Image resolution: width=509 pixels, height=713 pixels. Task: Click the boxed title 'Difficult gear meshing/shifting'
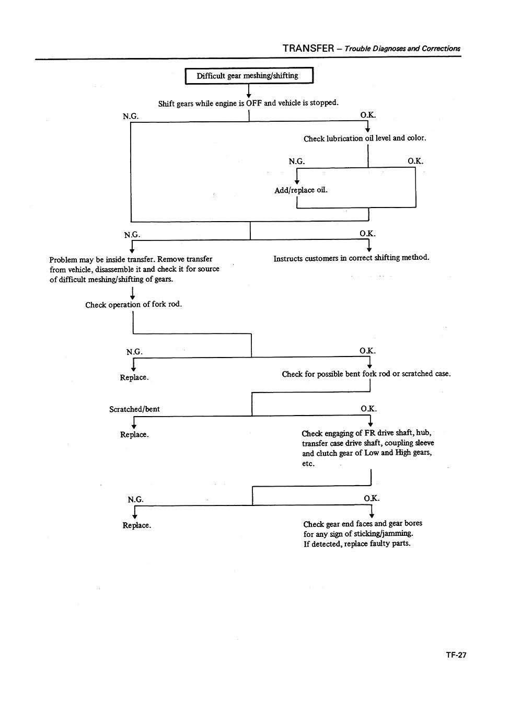(248, 76)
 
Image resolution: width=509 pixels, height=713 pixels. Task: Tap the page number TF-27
(456, 654)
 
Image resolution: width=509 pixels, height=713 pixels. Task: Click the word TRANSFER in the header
(308, 48)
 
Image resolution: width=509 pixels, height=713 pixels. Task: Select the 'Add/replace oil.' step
(301, 190)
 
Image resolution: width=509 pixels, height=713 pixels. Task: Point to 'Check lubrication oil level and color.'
(365, 139)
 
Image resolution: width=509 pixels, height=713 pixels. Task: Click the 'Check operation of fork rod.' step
(134, 304)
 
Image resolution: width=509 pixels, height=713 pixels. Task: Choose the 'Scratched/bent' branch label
(134, 409)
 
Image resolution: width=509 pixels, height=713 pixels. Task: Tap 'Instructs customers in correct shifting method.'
(351, 258)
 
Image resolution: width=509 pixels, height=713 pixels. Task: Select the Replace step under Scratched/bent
(134, 434)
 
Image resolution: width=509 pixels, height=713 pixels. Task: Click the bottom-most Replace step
(137, 525)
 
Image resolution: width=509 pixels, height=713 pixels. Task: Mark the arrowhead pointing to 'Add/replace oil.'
(297, 181)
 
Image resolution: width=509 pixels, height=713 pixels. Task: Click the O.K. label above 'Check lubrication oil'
(368, 116)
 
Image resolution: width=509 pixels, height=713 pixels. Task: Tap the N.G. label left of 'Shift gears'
(131, 116)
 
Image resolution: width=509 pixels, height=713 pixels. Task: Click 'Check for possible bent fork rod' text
(366, 374)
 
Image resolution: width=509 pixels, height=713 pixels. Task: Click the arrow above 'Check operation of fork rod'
(134, 293)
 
